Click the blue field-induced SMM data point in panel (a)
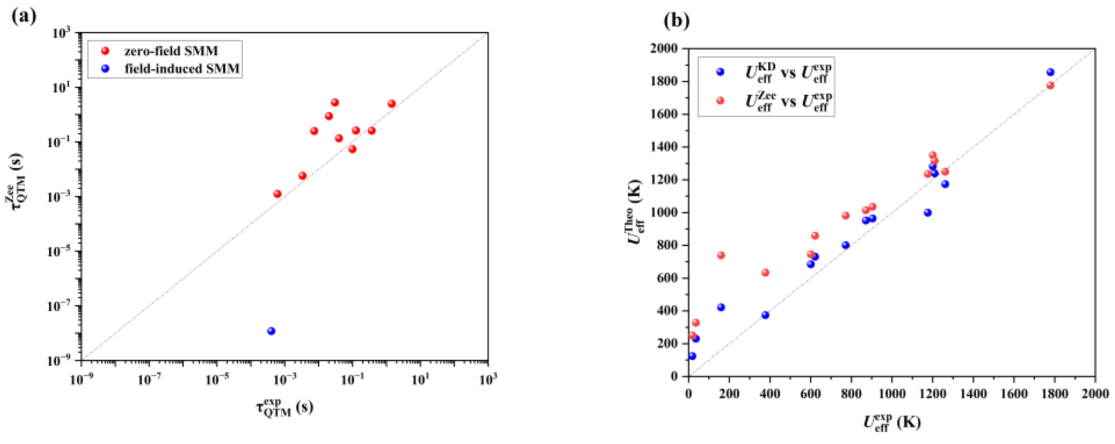(271, 331)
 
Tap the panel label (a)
(24, 17)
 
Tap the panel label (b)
(676, 21)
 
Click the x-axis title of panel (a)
(284, 408)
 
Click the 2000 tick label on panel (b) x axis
(1095, 393)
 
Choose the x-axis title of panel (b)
(892, 422)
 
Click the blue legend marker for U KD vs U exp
(720, 72)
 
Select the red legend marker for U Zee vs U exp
(720, 101)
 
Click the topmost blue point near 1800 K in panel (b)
(1050, 72)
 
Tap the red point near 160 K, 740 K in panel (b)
(721, 256)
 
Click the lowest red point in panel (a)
(277, 194)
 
